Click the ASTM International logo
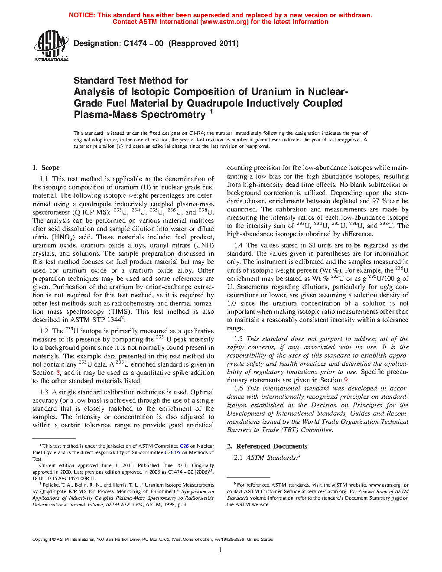coord(51,45)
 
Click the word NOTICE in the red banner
coord(82,15)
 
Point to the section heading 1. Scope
coord(46,168)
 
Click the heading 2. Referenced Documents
coord(267,446)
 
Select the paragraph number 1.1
coord(44,179)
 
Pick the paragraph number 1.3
coord(44,392)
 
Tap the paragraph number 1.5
coord(238,339)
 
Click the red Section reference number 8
coord(58,373)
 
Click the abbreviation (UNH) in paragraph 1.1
coord(205,245)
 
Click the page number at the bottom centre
coord(221,550)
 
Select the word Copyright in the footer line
coord(42,539)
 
